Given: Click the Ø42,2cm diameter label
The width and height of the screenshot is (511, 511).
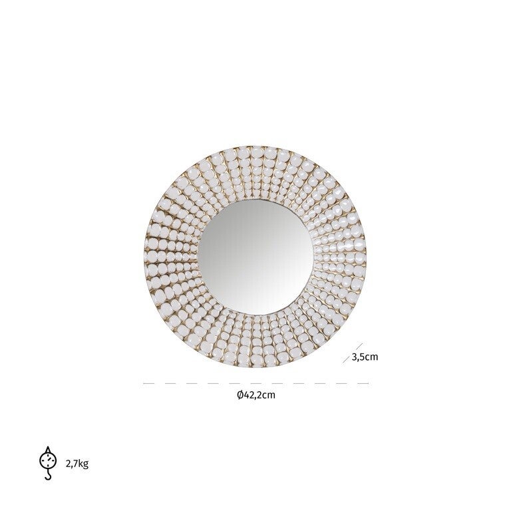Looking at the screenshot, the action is pos(256,395).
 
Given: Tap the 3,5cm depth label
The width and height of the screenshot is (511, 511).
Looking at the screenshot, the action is pos(365,357).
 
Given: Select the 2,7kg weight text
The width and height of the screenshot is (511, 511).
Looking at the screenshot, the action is pos(77,464).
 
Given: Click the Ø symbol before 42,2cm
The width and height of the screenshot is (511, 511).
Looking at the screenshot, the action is pos(240,395).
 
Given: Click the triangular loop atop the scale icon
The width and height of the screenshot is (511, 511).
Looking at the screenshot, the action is pos(48,450).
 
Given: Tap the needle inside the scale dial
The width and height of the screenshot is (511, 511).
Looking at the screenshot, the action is pos(49,460).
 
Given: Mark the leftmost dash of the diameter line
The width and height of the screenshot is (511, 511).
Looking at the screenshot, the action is pos(148,383).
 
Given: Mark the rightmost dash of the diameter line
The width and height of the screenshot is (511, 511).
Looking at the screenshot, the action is pos(363,383).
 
